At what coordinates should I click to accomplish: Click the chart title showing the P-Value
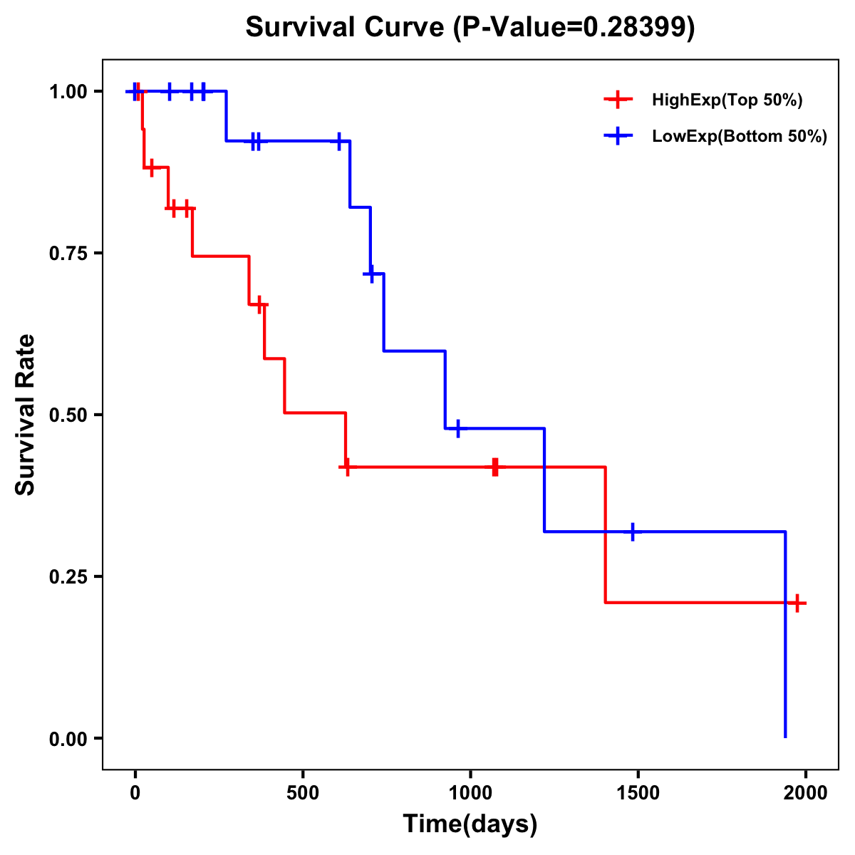[470, 27]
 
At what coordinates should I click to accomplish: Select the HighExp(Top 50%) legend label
[727, 100]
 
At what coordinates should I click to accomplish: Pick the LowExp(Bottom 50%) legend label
[740, 137]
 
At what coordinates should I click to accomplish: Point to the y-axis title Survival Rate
[26, 414]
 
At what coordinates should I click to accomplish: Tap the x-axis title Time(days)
[470, 824]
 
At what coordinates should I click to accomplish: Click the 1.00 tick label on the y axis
[68, 92]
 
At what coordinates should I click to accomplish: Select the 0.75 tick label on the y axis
[68, 254]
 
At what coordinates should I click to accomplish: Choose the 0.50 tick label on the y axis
[68, 415]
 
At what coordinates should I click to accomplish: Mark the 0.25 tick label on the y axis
[68, 577]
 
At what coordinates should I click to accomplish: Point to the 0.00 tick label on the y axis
[68, 739]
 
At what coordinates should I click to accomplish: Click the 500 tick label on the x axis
[303, 794]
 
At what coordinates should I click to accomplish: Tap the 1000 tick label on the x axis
[470, 794]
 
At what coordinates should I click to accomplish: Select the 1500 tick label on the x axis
[638, 794]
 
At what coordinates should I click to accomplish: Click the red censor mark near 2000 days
[797, 603]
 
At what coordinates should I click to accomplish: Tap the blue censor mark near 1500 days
[632, 532]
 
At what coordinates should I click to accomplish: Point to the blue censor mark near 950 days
[457, 428]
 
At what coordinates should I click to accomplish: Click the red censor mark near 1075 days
[495, 467]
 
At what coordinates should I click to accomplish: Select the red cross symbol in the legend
[618, 100]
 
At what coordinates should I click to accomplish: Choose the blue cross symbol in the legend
[618, 137]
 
